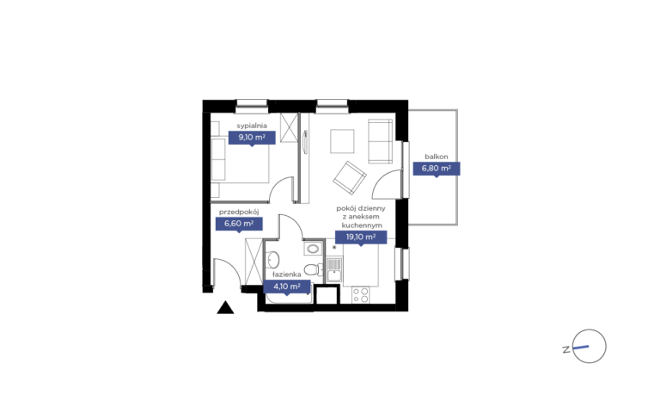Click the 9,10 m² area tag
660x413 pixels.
tap(252, 138)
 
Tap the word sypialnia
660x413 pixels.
tap(252, 126)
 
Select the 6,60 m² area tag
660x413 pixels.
tap(239, 224)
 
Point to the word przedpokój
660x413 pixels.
tap(239, 212)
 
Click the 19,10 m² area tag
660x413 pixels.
tap(361, 237)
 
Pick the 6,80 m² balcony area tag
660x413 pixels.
tap(436, 169)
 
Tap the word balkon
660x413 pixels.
tap(436, 157)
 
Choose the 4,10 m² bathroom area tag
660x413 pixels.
tap(287, 287)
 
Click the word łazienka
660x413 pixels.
tap(287, 274)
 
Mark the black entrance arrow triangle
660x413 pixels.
tap(225, 308)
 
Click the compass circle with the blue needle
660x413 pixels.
tap(590, 346)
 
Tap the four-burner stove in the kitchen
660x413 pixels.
tap(361, 294)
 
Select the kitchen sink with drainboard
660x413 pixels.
tap(334, 270)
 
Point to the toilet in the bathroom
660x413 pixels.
tap(312, 268)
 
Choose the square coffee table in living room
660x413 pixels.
tap(342, 141)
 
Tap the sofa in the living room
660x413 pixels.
tap(381, 141)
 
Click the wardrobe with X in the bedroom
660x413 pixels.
tap(289, 127)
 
